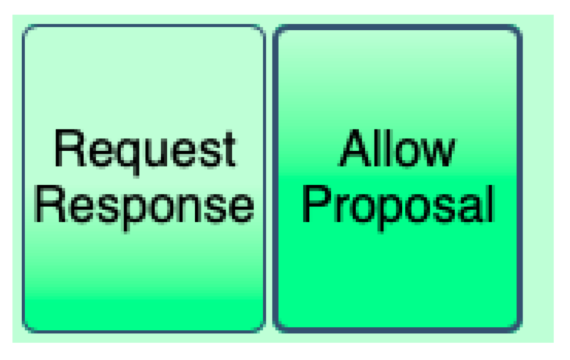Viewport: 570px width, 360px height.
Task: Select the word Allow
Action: click(x=397, y=149)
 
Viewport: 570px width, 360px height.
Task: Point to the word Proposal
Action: click(x=398, y=205)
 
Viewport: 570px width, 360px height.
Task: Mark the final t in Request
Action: click(x=228, y=149)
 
